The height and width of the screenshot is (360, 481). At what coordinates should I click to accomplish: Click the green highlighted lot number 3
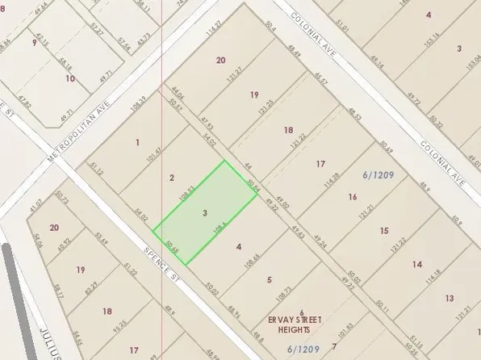coord(206,212)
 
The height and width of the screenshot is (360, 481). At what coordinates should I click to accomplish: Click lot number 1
coord(137,143)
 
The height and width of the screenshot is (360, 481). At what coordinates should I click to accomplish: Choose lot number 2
coord(171,178)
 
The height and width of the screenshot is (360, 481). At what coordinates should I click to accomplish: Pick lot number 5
coord(270,280)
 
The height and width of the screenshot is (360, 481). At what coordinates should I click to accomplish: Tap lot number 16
coord(352,197)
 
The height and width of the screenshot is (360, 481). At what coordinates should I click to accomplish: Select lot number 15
coord(383,231)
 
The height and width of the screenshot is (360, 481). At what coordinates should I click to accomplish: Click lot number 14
coord(416,265)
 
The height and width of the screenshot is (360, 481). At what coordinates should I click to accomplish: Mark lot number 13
coord(449,299)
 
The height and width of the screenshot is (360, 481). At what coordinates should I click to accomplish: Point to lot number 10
coord(70,78)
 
